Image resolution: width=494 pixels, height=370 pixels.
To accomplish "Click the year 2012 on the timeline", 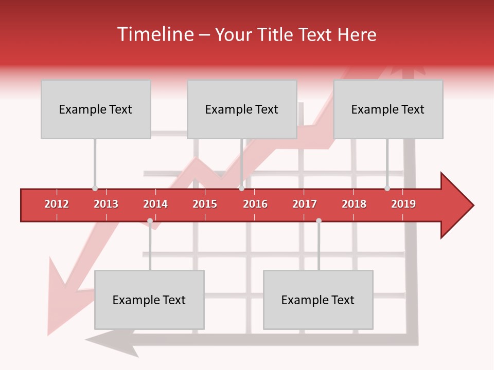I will pyautogui.click(x=57, y=204).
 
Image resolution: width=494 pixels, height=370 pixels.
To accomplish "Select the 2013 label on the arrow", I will pyautogui.click(x=106, y=204).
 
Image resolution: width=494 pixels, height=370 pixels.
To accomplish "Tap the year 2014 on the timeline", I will pyautogui.click(x=155, y=204).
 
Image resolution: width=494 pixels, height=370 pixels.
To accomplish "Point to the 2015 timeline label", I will pyautogui.click(x=205, y=204).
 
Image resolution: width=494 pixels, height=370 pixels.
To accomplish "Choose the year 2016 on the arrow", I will pyautogui.click(x=255, y=204).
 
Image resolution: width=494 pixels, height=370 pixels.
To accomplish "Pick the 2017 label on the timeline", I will pyautogui.click(x=305, y=204).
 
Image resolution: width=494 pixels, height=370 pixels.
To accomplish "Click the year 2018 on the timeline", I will pyautogui.click(x=354, y=204).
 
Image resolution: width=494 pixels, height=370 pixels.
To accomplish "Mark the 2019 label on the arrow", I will pyautogui.click(x=403, y=204).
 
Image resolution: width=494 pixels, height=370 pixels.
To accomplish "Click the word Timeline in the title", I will pyautogui.click(x=154, y=34).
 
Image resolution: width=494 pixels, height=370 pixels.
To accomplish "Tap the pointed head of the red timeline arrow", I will pyautogui.click(x=458, y=206).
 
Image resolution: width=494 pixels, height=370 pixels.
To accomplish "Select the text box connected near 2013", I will pyautogui.click(x=96, y=109).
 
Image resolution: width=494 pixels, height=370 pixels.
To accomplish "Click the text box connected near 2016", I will pyautogui.click(x=242, y=109).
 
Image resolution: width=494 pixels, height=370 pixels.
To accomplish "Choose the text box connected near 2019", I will pyautogui.click(x=388, y=109).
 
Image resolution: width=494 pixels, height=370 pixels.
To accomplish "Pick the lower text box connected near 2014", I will pyautogui.click(x=149, y=300).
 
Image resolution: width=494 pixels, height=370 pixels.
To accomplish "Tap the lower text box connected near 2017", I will pyautogui.click(x=318, y=300).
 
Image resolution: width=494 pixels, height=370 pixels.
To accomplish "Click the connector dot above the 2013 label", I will pyautogui.click(x=95, y=189).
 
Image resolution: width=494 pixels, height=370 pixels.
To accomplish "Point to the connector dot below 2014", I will pyautogui.click(x=150, y=221).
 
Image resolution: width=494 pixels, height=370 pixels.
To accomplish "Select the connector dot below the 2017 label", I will pyautogui.click(x=319, y=221).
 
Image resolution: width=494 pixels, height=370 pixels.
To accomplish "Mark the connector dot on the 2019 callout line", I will pyautogui.click(x=387, y=189).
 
